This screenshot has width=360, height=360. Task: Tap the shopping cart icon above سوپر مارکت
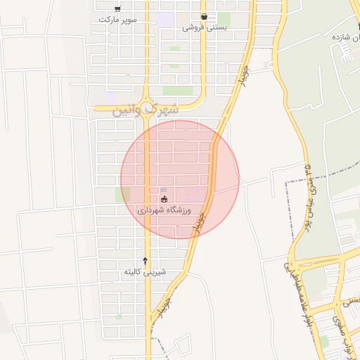coord(117,8)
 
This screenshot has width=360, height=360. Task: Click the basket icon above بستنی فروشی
coord(204,16)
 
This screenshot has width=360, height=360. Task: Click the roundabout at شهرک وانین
coord(147,108)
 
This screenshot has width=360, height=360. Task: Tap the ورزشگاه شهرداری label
coord(169,210)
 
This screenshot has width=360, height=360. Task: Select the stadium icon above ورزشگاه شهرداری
coord(164,200)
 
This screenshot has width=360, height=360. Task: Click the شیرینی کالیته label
coord(146,271)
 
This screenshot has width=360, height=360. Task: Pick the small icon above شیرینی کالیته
coord(146,261)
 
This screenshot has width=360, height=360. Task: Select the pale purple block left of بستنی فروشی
coord(165,20)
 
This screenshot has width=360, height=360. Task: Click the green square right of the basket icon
coord(224,19)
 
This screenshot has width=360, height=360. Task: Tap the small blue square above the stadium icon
coord(164,190)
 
